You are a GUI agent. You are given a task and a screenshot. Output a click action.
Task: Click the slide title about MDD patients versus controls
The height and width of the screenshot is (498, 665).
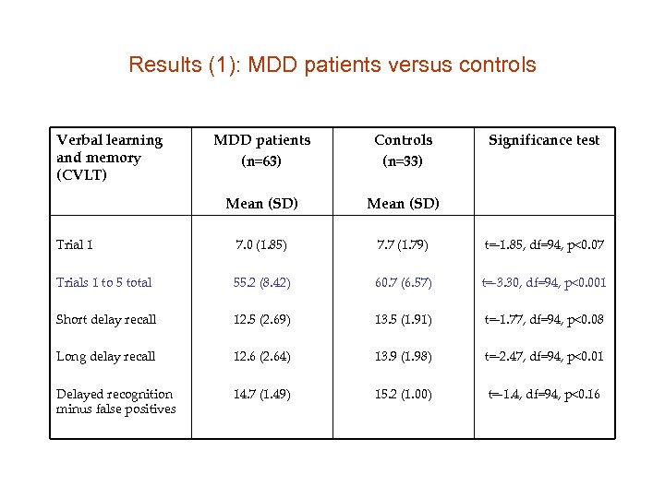coord(332,65)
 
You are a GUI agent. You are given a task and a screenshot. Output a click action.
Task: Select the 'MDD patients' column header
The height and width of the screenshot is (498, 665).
coord(261,140)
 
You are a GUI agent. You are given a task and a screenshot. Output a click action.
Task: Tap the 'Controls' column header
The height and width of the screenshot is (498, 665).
coord(403,140)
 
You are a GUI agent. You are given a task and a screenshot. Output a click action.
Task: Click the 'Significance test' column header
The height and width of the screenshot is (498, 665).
coord(544,140)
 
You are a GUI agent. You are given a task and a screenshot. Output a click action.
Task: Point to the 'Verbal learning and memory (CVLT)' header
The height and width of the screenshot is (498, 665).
coord(109,157)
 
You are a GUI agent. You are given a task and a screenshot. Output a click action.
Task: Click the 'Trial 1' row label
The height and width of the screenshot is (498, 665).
coord(75,245)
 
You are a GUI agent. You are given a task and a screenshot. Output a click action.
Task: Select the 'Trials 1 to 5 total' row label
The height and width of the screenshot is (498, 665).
coord(103,282)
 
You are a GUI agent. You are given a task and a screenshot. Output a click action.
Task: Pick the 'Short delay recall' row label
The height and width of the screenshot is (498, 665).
coord(106,319)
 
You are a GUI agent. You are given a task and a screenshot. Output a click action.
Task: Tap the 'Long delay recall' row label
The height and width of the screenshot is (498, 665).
coord(105,356)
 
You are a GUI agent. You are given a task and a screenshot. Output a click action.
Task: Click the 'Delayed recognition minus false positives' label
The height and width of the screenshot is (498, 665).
coord(115,401)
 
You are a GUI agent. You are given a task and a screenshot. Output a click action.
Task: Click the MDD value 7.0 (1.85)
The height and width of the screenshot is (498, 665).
coord(261,245)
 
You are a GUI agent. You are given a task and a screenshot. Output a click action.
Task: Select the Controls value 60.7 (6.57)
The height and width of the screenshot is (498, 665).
coord(403,282)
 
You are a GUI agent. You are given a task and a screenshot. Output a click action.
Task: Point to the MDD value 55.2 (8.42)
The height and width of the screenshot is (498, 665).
coord(261,282)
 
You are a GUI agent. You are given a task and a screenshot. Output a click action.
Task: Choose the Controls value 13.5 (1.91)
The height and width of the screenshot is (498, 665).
coord(403,319)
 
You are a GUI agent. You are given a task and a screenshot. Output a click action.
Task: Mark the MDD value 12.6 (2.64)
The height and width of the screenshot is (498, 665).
coord(261,356)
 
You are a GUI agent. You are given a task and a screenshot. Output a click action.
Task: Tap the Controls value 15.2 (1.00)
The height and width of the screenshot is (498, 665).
coord(403,394)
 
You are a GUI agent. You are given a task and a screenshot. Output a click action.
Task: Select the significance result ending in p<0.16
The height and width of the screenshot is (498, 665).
coord(544,394)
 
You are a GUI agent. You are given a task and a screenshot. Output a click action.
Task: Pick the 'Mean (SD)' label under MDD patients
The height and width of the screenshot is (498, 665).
coord(261,203)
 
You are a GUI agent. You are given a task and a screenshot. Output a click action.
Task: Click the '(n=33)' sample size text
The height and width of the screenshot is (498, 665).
coord(403,161)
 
